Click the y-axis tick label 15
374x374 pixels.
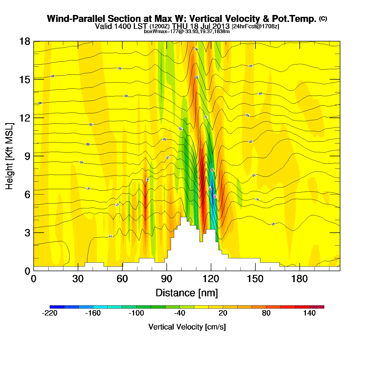(24, 80)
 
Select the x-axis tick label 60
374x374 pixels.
(122, 279)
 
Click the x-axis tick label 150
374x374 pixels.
(255, 279)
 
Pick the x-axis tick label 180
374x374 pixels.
(299, 279)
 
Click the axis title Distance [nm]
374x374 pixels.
(187, 293)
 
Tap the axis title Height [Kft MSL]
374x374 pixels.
(9, 156)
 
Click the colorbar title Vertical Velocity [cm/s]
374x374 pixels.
(187, 327)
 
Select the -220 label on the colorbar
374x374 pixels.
(50, 313)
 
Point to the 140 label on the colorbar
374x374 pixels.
(310, 313)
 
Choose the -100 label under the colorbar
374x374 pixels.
(136, 313)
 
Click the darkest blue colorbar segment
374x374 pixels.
(57, 307)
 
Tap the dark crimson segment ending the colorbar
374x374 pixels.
(317, 307)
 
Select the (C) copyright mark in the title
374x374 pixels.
(323, 18)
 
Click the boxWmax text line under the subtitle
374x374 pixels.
(187, 32)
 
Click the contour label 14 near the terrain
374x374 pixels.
(110, 236)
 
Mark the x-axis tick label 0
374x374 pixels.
(34, 279)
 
